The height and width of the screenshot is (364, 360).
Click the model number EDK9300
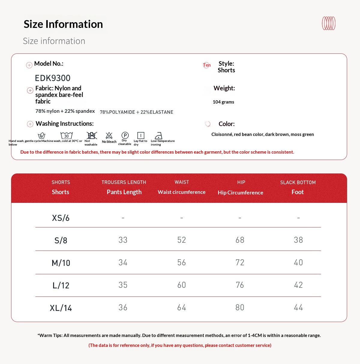tap(52, 78)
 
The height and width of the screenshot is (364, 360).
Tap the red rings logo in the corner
tap(328, 23)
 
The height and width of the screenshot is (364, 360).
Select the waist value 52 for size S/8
tap(181, 240)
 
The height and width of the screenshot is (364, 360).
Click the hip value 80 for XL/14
tap(240, 307)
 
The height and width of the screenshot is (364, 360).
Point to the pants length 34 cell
tap(123, 262)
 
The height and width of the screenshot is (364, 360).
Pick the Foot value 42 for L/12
tap(298, 285)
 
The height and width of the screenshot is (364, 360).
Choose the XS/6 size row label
tap(61, 218)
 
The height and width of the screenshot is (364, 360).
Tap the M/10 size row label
tap(61, 263)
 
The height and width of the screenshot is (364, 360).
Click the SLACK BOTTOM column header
tap(298, 182)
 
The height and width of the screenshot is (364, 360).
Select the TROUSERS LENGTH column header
tap(124, 182)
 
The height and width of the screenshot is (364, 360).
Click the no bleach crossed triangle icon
tap(109, 136)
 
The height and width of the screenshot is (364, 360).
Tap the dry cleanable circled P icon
tap(125, 135)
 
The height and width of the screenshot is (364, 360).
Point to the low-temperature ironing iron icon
tap(158, 136)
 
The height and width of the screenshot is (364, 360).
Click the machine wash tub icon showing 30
tap(67, 135)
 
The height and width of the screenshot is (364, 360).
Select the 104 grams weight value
tap(223, 102)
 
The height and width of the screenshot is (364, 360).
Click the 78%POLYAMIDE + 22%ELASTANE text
tap(136, 112)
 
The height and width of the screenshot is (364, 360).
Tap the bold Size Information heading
tap(63, 24)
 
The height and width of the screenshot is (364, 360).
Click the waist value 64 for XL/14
tap(181, 307)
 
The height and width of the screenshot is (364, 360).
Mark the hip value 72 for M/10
tap(240, 262)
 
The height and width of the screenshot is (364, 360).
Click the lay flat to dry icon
tap(141, 135)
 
